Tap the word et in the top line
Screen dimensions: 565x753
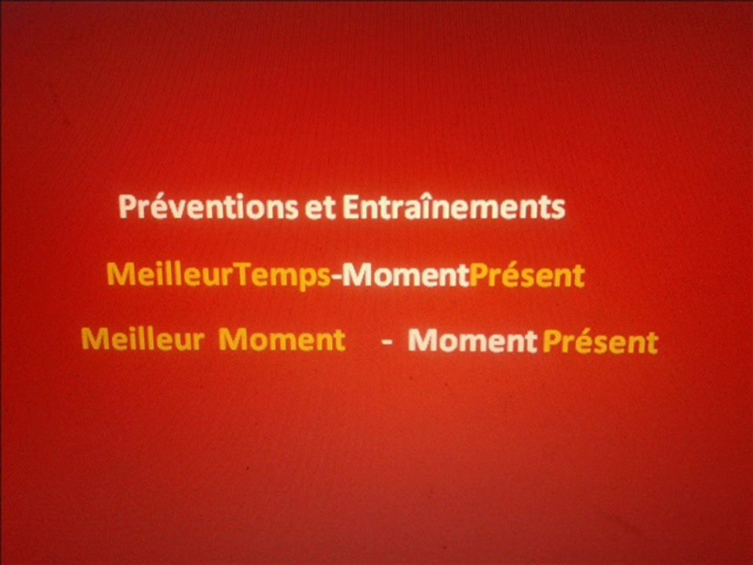coord(321,208)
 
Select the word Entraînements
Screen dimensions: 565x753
coord(453,208)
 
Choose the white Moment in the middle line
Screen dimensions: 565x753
coord(406,275)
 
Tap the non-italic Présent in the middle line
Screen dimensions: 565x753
coord(526,275)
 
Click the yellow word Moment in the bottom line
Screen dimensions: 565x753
coord(281,340)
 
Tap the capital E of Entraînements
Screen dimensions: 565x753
coord(350,208)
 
